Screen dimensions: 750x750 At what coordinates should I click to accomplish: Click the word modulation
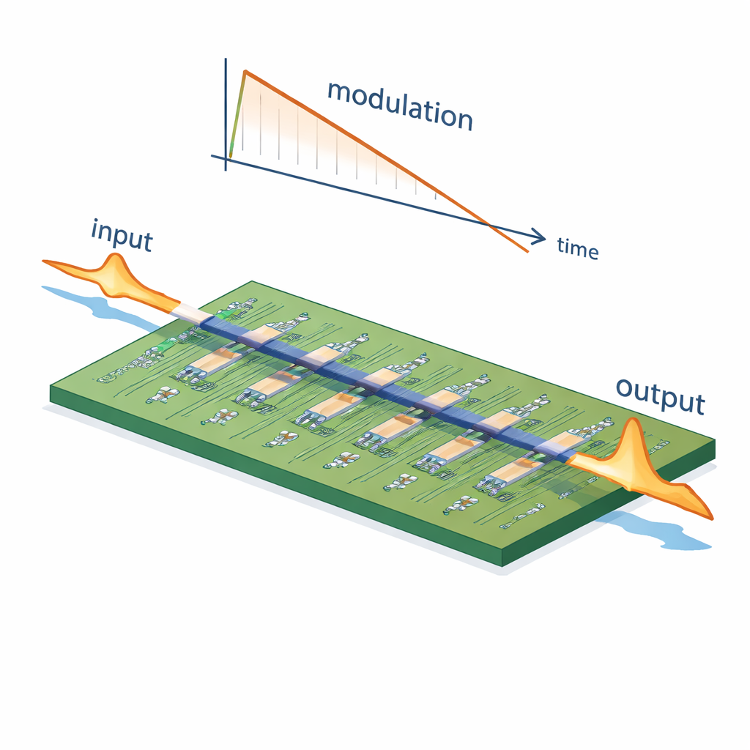[399, 105]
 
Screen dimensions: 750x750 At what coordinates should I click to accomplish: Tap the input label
[122, 235]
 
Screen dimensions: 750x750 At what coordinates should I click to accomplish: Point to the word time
[578, 248]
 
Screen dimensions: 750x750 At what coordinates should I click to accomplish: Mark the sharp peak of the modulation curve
[245, 71]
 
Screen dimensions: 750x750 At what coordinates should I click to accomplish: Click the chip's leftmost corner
[51, 387]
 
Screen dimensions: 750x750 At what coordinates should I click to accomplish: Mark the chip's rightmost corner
[715, 442]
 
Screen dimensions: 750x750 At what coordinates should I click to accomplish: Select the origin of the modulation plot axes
[226, 158]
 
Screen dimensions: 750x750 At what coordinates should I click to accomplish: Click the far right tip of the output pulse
[712, 519]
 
